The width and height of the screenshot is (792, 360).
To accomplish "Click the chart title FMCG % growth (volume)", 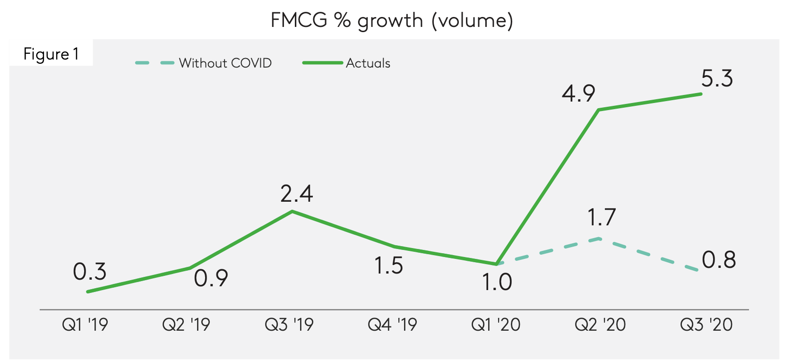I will pos(392,21).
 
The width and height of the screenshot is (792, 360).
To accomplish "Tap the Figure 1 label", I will pos(51,54).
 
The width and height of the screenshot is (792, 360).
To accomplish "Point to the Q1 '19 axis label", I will pos(85,325).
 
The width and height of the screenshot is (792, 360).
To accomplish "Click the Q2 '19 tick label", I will pos(186,325).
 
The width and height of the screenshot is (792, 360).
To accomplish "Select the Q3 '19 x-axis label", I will pos(289,325).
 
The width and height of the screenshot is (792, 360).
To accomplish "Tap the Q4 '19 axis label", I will pos(392,325).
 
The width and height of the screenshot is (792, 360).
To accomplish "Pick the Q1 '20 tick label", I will pos(496,325).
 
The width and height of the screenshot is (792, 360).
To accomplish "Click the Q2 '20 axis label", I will pos(600,325).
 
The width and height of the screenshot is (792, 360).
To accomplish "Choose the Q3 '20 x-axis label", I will pos(706,325).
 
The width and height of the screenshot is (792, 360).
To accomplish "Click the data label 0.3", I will pos(90,272).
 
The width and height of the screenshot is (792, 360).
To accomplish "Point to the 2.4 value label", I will pos(296,194).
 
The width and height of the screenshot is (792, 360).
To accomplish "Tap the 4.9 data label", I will pos(578,94).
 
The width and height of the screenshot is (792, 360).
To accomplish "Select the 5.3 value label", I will pos(717,78).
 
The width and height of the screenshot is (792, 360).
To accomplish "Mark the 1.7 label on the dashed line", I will pos(601,217).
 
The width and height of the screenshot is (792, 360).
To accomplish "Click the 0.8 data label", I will pos(719,260).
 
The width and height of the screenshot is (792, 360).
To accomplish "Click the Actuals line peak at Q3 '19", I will pos(293,211).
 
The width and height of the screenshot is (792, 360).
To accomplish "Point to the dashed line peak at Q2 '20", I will pos(599,239).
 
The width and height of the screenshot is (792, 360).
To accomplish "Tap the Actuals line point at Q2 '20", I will pos(599,110).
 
